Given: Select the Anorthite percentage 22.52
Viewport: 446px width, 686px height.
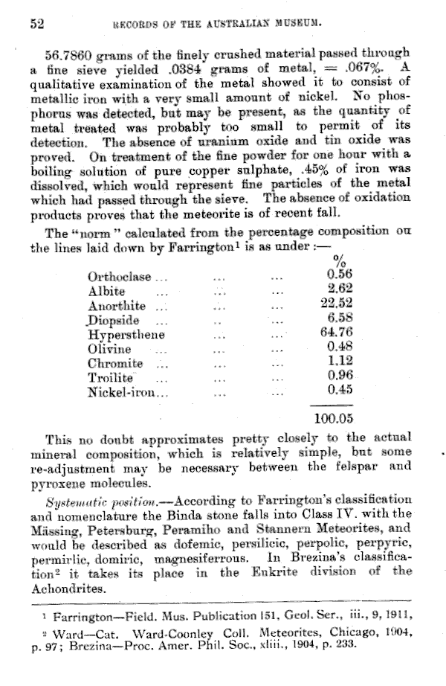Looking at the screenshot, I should coord(335,304).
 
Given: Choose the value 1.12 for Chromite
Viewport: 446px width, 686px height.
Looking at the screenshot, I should coord(340,362).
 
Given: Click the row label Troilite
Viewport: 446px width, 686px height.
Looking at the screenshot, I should coord(110,376).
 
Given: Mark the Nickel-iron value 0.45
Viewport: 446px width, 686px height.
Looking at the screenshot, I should coord(340,390).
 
